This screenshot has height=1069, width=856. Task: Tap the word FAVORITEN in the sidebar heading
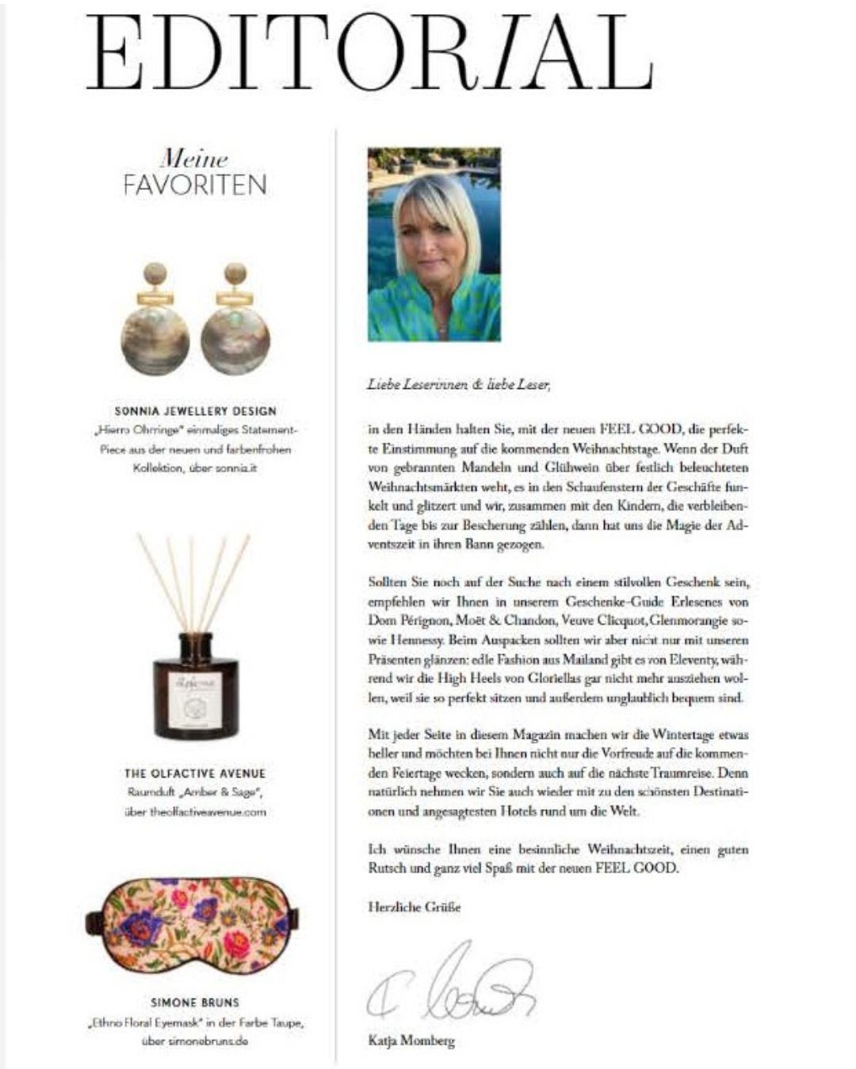[x=195, y=185]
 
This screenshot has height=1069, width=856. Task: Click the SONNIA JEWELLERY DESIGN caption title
[x=195, y=411]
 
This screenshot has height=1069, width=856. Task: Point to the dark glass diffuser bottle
[x=195, y=685]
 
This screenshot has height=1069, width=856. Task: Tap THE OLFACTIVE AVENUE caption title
[x=195, y=773]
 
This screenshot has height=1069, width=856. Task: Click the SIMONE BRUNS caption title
[x=195, y=1002]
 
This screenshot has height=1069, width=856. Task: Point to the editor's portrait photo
[x=434, y=244]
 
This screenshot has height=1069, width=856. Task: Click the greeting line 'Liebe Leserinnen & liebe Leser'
[x=458, y=385]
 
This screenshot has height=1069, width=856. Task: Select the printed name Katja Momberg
[x=411, y=1040]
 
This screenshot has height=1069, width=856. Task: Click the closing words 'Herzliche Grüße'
[x=414, y=907]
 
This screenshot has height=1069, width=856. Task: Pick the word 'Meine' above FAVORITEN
[x=194, y=158]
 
